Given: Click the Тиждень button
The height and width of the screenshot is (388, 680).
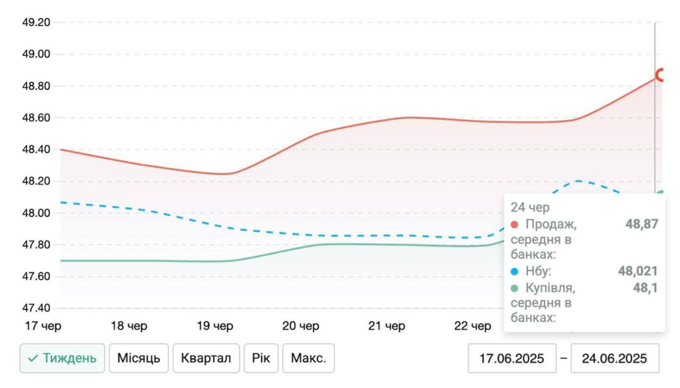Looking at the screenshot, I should coord(62,359).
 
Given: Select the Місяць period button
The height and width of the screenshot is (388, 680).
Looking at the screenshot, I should coord(139,359).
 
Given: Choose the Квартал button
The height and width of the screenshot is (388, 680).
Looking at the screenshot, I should coord(206,359).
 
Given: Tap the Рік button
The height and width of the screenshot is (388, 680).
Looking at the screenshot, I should coord(260,359).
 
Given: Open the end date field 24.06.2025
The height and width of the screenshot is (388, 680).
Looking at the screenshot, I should coord(614,359).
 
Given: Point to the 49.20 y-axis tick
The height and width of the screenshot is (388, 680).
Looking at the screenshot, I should coord(37,22).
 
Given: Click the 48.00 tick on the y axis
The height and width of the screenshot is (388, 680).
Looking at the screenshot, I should coord(37,213).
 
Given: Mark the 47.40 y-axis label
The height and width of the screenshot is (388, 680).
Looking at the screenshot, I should coord(37,308).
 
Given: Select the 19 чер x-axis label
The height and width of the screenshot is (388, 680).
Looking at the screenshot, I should coord(216,326).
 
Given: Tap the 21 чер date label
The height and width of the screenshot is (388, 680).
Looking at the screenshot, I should coord(387,326).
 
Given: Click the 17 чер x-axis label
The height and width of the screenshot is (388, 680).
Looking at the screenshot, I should coord(44,326).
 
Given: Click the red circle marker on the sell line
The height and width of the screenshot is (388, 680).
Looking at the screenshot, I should coord(660,75).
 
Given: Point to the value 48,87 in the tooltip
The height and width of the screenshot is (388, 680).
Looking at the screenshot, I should coord(641,224).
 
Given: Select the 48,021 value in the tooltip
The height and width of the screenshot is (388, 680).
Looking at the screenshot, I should coord(637,271).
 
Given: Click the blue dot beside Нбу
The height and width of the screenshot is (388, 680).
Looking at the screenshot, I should coord(515,271).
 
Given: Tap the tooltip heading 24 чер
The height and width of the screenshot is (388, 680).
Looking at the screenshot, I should coord(530,207).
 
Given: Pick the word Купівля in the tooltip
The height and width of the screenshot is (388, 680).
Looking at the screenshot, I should coord(550,288).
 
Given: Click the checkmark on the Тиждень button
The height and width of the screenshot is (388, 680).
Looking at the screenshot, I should coord(33,359).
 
